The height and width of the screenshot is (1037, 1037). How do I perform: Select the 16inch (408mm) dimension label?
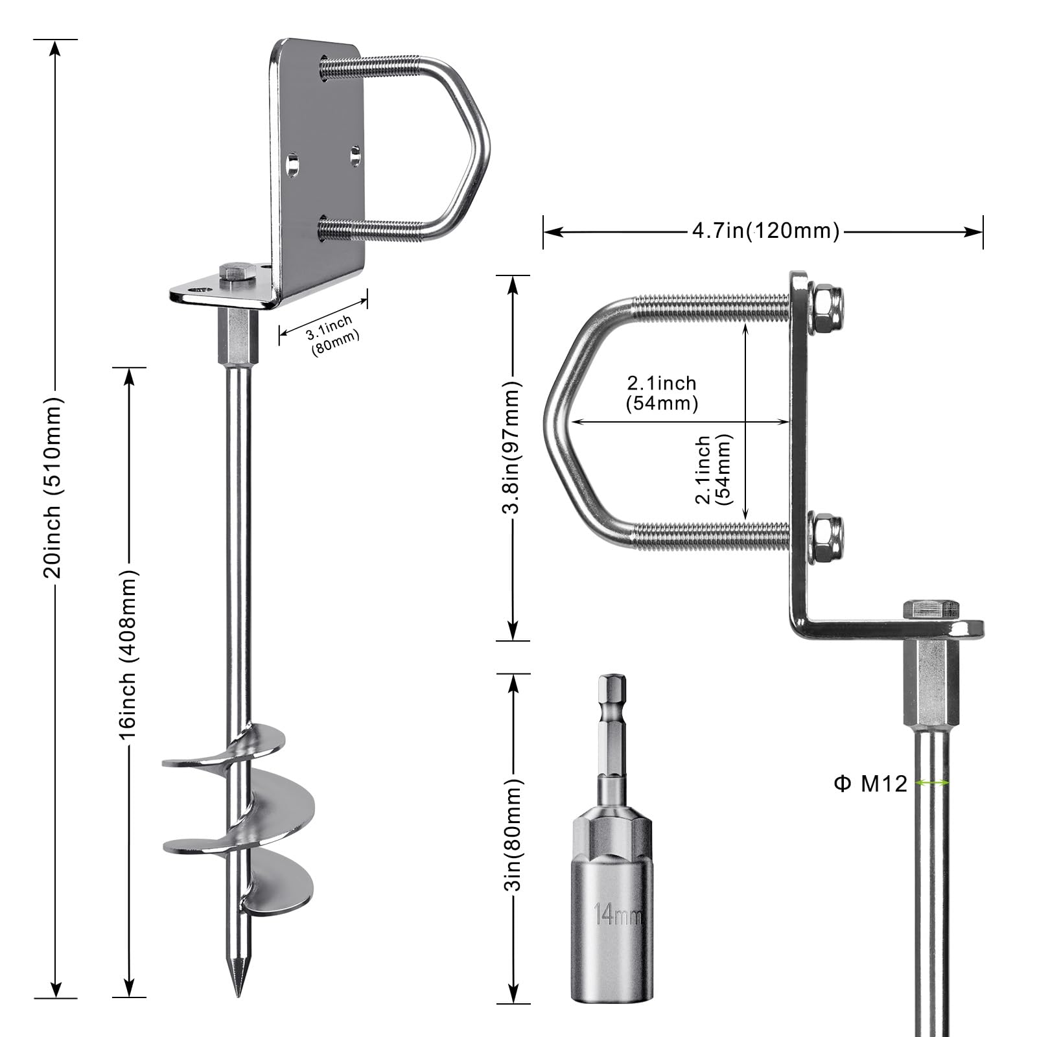pyautogui.click(x=128, y=655)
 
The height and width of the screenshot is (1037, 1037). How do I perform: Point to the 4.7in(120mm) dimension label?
pyautogui.click(x=765, y=231)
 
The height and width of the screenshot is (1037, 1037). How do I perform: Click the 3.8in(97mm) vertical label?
pyautogui.click(x=513, y=447)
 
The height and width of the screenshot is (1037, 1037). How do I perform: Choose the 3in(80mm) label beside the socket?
pyautogui.click(x=514, y=835)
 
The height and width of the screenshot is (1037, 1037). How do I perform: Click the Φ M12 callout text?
pyautogui.click(x=870, y=784)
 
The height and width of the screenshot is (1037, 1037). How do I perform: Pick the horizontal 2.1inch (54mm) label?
pyautogui.click(x=662, y=393)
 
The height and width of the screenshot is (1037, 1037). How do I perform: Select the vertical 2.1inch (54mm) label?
pyautogui.click(x=712, y=469)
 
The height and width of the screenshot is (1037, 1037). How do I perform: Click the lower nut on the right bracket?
pyautogui.click(x=828, y=535)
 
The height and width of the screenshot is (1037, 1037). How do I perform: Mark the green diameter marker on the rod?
pyautogui.click(x=933, y=783)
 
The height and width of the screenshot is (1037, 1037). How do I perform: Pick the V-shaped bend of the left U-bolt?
pyautogui.click(x=476, y=149)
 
